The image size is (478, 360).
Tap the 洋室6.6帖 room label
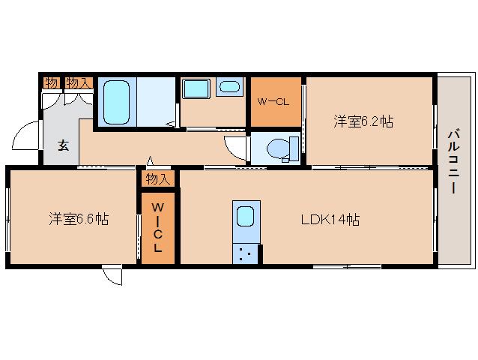coord(79,219)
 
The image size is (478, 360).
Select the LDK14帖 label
coord(330,220)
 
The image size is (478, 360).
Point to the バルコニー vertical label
coord(453,161)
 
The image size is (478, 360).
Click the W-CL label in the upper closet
coord(274,101)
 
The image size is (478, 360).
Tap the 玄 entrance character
coord(57,147)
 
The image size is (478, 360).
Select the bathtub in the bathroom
coord(115,101)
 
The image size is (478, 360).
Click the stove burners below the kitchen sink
coord(245,253)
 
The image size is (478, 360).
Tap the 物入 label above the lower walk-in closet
coord(157,178)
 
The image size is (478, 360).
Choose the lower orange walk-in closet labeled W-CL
coord(157,226)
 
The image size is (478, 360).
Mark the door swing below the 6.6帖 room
coord(112,276)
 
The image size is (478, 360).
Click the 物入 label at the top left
coord(77,82)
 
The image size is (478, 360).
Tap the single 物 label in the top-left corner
coord(50,82)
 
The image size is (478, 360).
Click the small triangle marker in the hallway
coord(150,160)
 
